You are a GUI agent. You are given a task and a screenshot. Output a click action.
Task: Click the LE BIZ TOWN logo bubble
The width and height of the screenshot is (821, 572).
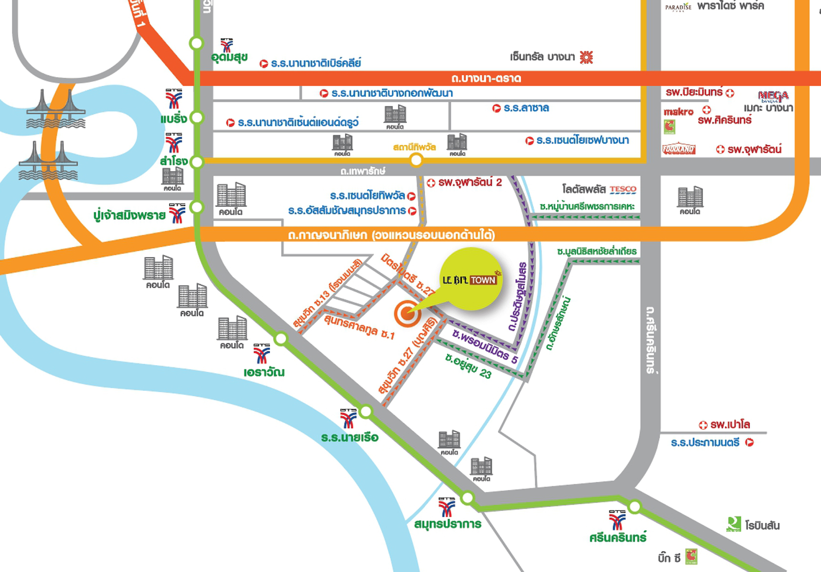click(x=470, y=279)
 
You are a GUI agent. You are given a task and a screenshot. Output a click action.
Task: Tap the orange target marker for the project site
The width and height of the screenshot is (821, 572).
click(x=407, y=314)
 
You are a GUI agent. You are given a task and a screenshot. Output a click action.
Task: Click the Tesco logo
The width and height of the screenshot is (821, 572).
click(x=623, y=190)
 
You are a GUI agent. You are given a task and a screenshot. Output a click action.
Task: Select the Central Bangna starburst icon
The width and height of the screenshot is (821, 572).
click(x=586, y=57)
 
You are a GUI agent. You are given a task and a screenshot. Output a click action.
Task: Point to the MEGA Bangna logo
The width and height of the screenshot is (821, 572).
click(x=773, y=97)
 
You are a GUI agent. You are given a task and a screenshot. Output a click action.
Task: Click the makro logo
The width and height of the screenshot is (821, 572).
click(x=679, y=112)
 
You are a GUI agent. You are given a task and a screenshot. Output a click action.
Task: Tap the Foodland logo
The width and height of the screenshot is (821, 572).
click(x=679, y=149)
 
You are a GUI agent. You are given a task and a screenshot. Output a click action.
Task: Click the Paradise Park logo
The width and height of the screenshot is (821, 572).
click(x=678, y=7)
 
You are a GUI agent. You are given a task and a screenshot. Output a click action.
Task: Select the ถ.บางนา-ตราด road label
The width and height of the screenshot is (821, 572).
click(x=486, y=78)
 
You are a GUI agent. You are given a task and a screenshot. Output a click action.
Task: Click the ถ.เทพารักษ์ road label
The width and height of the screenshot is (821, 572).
click(x=363, y=171)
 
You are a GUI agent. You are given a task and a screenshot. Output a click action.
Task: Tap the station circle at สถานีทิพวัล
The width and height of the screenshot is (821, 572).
click(x=416, y=161)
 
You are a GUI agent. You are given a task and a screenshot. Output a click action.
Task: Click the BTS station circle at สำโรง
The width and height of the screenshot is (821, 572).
click(x=196, y=162)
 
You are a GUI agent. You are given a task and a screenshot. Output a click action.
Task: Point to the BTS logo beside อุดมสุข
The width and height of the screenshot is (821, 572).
click(x=227, y=45)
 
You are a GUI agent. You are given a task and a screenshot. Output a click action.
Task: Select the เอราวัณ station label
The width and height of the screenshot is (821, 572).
click(x=264, y=372)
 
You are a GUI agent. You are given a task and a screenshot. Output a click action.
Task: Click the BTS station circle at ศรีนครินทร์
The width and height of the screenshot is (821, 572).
click(x=634, y=507)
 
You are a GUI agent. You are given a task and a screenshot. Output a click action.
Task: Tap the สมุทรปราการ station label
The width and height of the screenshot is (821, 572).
click(x=447, y=524)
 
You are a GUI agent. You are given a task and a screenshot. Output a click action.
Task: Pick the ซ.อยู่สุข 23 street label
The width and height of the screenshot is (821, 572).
click(x=468, y=366)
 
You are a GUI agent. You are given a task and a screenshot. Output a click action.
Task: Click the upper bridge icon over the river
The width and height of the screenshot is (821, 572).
click(x=56, y=110)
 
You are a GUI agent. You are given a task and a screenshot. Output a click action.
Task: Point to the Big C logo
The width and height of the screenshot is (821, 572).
click(x=691, y=556)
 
